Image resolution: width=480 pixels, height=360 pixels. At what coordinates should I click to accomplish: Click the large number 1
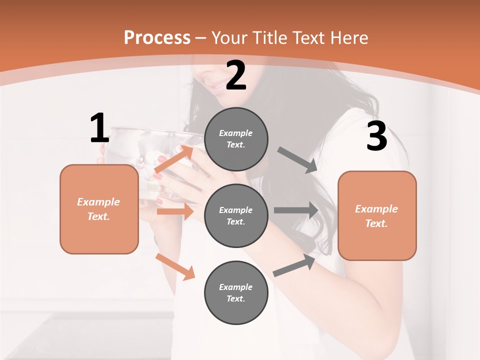click(99, 128)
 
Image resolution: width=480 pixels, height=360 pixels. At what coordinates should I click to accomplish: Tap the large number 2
click(236, 76)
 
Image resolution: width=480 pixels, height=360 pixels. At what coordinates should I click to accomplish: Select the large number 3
click(376, 137)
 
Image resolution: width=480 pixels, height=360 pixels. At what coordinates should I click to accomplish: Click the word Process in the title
click(157, 37)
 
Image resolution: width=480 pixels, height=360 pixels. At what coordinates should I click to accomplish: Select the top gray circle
click(236, 139)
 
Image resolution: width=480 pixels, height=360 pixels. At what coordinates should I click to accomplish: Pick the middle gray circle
click(236, 215)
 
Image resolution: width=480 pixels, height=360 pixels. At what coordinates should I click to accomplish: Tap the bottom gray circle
click(236, 292)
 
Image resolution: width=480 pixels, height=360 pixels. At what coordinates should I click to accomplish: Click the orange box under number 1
click(99, 209)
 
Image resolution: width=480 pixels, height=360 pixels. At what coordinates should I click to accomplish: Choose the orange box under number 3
click(377, 215)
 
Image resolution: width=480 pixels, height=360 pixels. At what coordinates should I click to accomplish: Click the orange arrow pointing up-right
click(173, 159)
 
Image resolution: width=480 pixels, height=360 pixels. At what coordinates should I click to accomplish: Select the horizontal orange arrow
click(175, 211)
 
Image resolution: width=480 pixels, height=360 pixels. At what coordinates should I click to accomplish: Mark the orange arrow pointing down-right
click(175, 266)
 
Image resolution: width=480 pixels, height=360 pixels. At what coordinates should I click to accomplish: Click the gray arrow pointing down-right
click(297, 160)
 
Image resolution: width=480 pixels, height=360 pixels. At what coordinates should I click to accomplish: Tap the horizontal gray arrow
click(296, 210)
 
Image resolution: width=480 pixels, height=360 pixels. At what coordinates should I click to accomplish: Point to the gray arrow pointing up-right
click(294, 265)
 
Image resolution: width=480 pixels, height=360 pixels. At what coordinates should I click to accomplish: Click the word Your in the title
click(228, 37)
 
